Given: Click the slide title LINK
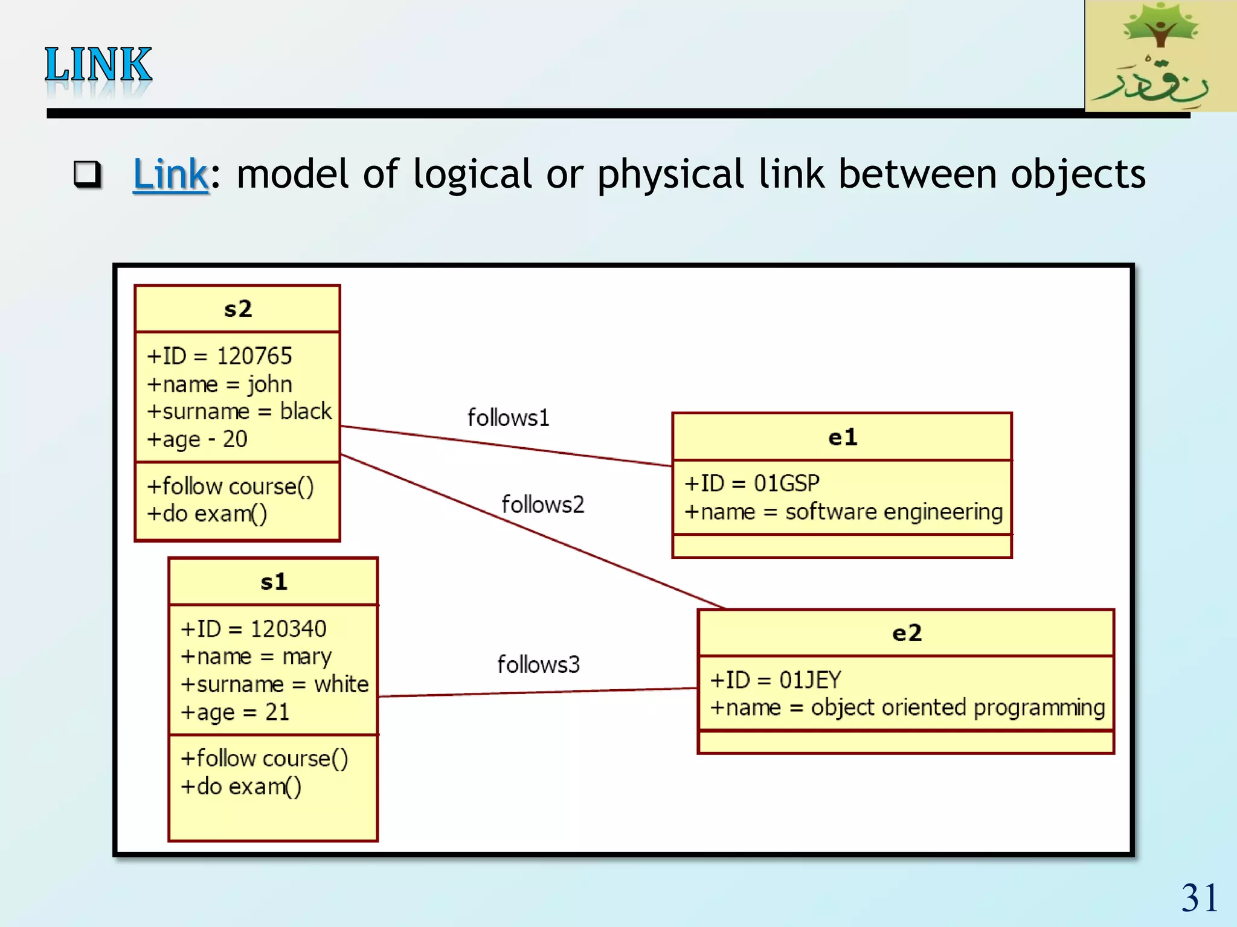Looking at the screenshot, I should tap(98, 65).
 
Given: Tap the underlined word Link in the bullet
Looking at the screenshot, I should tap(170, 174).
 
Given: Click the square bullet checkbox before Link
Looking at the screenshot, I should tap(87, 174).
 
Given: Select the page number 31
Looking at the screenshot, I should tap(1199, 897).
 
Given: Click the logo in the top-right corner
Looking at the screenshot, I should tap(1160, 56).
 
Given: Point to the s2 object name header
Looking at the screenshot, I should tap(237, 309).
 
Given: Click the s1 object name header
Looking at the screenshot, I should tap(273, 582).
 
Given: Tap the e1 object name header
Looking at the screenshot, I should tap(842, 437).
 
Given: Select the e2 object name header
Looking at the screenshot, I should tap(906, 633).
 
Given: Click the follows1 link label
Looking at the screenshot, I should tap(508, 418).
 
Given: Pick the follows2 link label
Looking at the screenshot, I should tap(542, 505).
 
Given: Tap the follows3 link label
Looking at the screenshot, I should tap(538, 664).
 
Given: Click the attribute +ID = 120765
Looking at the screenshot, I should tap(219, 356).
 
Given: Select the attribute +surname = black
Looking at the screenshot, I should tap(239, 412).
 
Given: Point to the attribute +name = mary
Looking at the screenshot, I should tap(256, 657).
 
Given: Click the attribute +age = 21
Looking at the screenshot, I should tap(235, 712).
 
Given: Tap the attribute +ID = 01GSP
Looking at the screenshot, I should tap(751, 483).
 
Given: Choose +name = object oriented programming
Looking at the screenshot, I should tap(907, 707).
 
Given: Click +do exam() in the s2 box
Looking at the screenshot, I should tap(207, 514).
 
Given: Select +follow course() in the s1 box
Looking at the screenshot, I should tap(264, 759).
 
